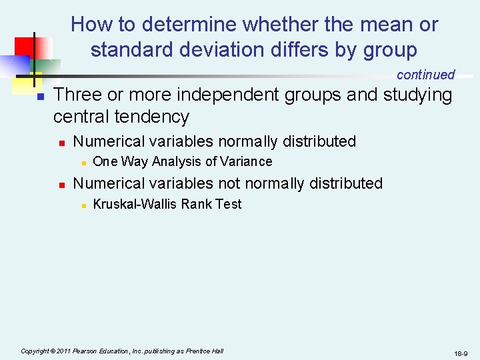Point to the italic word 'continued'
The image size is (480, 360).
(425, 75)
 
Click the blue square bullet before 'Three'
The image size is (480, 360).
(39, 97)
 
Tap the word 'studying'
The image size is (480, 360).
(417, 95)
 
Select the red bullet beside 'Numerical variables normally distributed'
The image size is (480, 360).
(60, 143)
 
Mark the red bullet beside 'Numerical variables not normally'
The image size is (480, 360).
(60, 185)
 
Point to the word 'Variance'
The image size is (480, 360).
(246, 161)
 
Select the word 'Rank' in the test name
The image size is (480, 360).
(197, 204)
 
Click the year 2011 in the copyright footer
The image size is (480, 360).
(63, 351)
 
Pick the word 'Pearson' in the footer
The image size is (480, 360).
(87, 351)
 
